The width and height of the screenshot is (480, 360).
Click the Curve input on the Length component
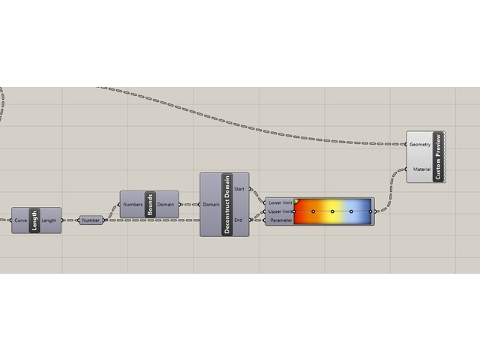click(21, 220)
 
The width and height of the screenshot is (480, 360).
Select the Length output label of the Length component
click(49, 220)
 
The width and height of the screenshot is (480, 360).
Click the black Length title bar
click(34, 220)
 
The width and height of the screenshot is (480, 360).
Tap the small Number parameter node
click(91, 220)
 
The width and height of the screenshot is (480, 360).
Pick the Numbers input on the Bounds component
click(134, 204)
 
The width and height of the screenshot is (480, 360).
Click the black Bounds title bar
click(149, 204)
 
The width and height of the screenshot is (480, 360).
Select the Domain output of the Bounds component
click(166, 204)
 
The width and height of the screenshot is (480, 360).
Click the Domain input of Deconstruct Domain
click(211, 204)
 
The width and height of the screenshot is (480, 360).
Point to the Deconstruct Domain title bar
click(227, 204)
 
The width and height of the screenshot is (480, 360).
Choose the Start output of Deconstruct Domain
click(239, 188)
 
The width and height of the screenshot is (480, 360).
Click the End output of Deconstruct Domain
click(239, 220)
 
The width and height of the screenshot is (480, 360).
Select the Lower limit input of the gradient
click(279, 202)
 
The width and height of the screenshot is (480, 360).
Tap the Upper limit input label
click(279, 211)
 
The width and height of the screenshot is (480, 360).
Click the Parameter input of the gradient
click(280, 220)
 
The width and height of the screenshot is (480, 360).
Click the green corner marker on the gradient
click(297, 201)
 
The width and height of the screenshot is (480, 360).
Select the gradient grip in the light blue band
click(351, 211)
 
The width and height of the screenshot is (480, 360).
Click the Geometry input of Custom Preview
click(420, 143)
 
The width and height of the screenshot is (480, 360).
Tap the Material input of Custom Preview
click(421, 169)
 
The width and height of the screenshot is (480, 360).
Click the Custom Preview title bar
click(437, 156)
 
